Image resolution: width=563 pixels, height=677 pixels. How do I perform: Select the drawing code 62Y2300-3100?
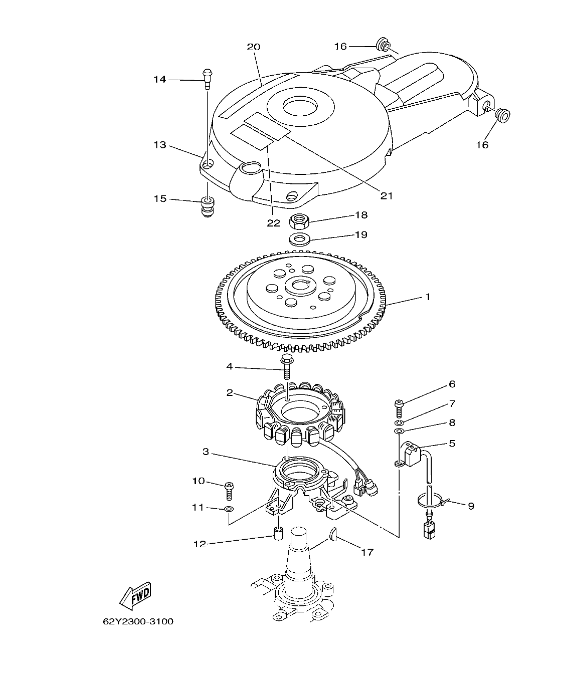(138, 621)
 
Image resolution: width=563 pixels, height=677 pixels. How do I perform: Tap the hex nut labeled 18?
(299, 219)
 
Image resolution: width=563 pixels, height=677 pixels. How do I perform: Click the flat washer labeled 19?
(299, 238)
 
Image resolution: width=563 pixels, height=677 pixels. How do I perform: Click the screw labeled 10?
(229, 490)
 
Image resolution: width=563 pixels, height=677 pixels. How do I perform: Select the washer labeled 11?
(229, 510)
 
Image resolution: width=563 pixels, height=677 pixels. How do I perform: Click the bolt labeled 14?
(207, 77)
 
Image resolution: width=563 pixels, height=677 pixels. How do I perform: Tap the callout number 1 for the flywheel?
(428, 297)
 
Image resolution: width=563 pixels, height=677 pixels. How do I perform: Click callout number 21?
(386, 195)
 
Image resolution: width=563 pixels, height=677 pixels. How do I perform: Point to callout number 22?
(273, 222)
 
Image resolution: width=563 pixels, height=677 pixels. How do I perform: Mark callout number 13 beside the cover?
(159, 145)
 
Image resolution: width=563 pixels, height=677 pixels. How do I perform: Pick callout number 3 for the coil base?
(206, 452)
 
